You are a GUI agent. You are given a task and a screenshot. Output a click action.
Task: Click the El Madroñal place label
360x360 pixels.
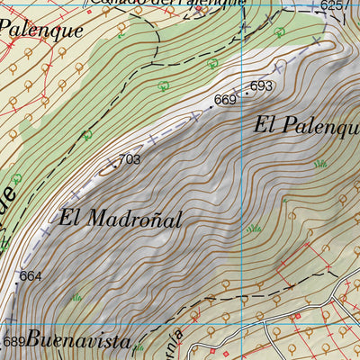pyautogui.click(x=121, y=218)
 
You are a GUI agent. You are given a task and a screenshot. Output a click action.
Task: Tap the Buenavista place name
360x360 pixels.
pyautogui.click(x=79, y=340)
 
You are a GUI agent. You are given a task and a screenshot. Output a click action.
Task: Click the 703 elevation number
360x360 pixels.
pyautogui.click(x=130, y=159)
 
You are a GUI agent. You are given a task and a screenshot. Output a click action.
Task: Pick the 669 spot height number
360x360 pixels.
pyautogui.click(x=224, y=99)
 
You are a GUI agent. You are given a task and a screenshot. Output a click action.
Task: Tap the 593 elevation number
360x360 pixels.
pyautogui.click(x=261, y=86)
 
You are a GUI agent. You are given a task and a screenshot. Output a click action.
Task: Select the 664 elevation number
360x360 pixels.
pyautogui.click(x=30, y=275)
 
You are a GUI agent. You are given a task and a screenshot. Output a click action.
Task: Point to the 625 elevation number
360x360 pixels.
pyautogui.click(x=333, y=6)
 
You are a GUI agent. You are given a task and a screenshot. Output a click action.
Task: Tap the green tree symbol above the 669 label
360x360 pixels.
pyautogui.click(x=212, y=63)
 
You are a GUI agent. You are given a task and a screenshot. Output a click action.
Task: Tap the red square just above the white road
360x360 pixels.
pyautogui.click(x=297, y=316)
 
